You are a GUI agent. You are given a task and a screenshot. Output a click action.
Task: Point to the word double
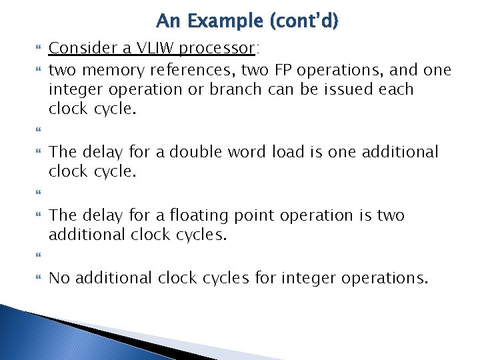pos(197,152)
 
